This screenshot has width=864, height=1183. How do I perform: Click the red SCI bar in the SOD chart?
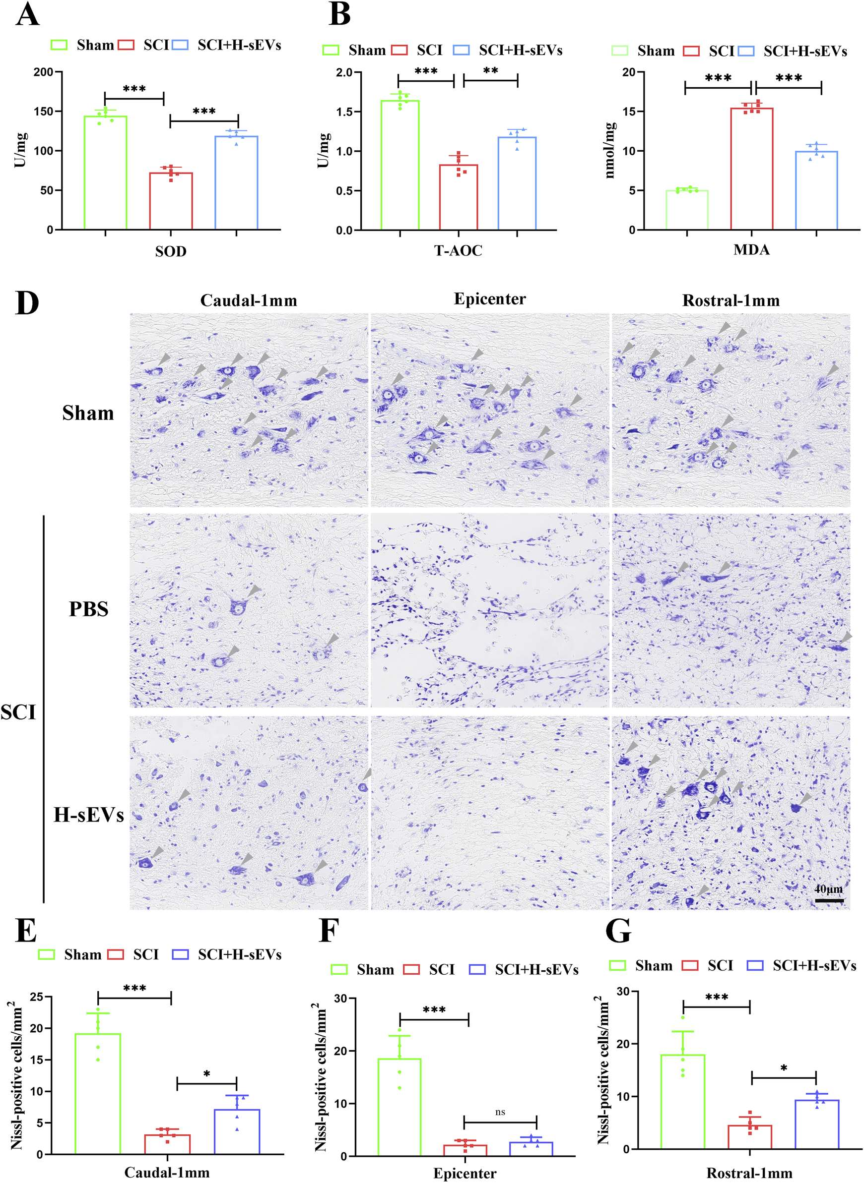point(171,201)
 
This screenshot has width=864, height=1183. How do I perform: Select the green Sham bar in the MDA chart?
point(687,210)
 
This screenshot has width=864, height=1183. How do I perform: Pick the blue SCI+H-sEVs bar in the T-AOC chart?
point(517,183)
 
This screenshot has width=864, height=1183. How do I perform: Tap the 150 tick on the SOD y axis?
point(44,111)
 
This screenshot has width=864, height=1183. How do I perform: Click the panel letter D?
point(27,302)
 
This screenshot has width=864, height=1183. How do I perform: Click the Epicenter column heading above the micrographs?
point(489,299)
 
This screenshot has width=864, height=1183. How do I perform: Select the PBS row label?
point(88,609)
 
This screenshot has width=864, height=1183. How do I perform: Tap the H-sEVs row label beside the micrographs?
point(88,814)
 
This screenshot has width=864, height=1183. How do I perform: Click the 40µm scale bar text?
point(828,889)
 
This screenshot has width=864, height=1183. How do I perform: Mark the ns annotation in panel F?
point(500,1112)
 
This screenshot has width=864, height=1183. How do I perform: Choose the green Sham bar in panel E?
point(98,1093)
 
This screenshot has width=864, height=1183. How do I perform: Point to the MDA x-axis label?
point(751,250)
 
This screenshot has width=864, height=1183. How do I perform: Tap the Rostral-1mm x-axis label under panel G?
point(749,1173)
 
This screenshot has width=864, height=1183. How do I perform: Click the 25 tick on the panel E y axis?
point(37,997)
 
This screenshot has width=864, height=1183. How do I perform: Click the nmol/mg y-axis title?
point(610,151)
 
